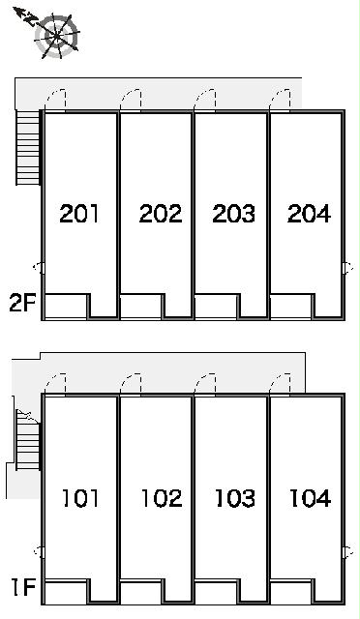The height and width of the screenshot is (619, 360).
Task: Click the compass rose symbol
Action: (56, 36)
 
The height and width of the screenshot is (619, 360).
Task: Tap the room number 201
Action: (79, 214)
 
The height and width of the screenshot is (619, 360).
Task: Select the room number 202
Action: (161, 214)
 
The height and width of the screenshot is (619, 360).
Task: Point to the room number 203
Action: (233, 214)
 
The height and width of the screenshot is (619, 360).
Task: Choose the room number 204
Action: (309, 214)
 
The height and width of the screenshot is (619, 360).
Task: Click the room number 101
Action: (80, 498)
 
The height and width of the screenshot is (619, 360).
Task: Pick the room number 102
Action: (162, 498)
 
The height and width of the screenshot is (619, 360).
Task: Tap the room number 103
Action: (235, 498)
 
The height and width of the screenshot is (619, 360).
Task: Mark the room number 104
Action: (311, 498)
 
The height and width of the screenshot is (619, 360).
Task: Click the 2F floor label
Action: (22, 303)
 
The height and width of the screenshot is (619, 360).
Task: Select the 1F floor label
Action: (24, 587)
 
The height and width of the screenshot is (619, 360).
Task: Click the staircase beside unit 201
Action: (29, 148)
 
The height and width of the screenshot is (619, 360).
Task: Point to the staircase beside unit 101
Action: (28, 440)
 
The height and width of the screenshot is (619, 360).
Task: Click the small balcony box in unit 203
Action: (216, 306)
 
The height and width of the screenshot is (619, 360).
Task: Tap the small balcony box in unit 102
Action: (141, 591)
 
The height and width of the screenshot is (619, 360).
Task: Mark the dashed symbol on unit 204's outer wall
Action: (348, 268)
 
